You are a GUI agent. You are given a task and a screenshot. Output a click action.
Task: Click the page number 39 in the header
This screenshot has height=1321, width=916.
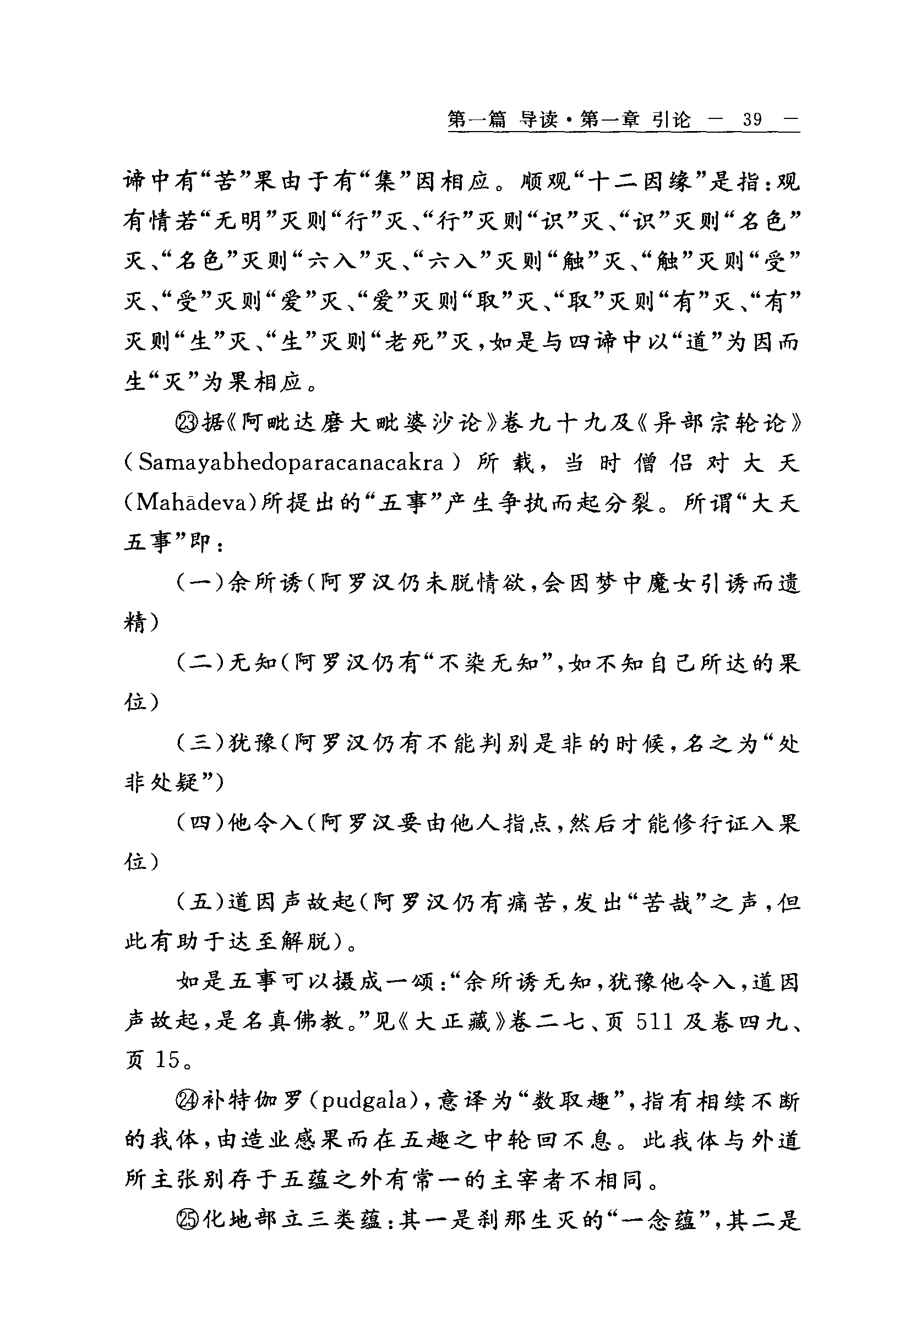pyautogui.click(x=752, y=120)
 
